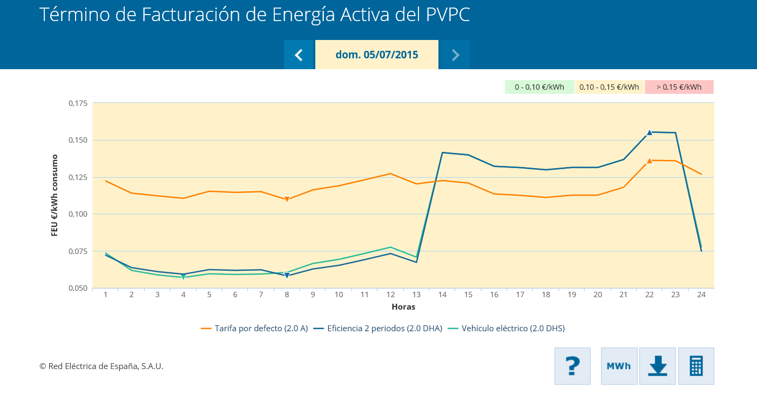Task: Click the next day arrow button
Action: point(455,55)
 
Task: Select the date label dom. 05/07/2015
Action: point(377,55)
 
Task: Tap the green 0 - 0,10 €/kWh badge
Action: point(539,87)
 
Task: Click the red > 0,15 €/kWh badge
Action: point(679,87)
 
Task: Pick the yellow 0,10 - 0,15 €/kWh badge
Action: point(609,87)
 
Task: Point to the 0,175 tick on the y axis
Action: point(78,103)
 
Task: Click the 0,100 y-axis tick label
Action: point(78,214)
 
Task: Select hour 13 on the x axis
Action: point(416,294)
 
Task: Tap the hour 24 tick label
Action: point(701,294)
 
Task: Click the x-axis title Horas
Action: point(403,307)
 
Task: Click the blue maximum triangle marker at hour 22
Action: point(650,132)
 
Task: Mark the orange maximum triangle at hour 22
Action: point(650,160)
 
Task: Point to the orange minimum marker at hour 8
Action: point(287,199)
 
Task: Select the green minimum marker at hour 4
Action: point(184,277)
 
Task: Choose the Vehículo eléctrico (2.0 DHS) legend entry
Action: point(506,329)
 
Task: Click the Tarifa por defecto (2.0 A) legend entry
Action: point(254,329)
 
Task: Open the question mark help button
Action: point(572,366)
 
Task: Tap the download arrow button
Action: point(658,366)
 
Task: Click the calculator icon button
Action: point(696,366)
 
